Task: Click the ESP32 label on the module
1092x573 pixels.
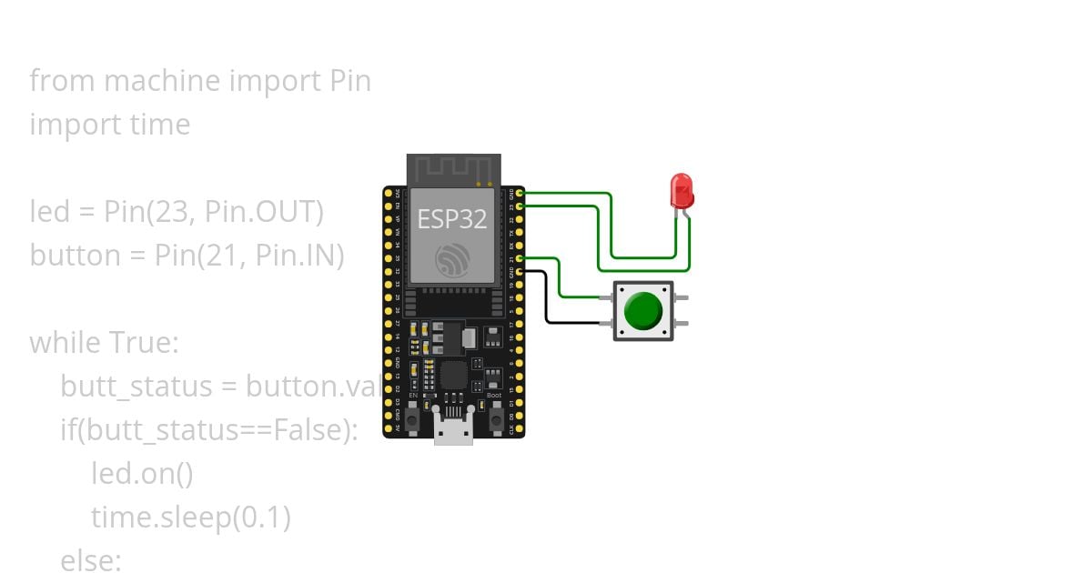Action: click(452, 218)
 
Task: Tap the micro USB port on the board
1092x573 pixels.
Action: click(453, 428)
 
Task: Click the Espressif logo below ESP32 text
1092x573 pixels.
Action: click(452, 261)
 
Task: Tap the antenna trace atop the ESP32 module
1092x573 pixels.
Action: click(453, 168)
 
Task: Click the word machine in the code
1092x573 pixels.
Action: click(162, 81)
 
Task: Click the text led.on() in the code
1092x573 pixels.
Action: click(142, 474)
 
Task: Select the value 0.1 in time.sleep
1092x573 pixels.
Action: click(262, 518)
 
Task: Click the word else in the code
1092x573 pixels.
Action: click(90, 560)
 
